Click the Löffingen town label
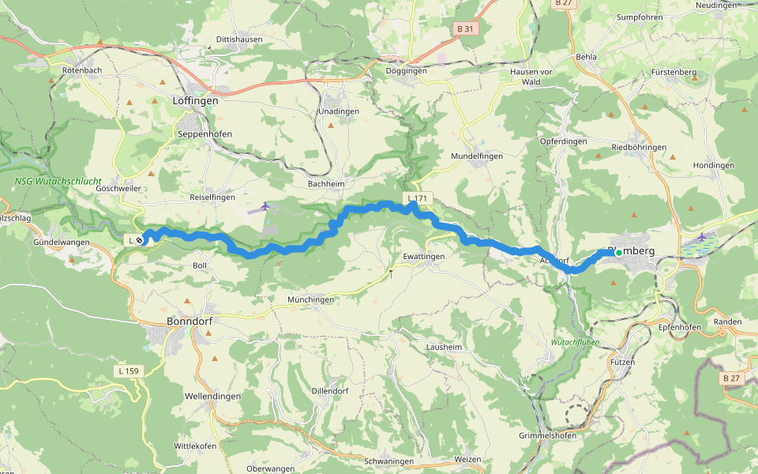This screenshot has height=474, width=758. tap(195, 101)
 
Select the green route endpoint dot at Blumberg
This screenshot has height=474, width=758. tap(618, 252)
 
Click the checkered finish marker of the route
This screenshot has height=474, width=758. tap(140, 240)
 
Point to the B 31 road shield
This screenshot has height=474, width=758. tap(466, 28)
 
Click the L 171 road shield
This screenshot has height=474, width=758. tap(418, 197)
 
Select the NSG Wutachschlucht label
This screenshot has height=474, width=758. tap(58, 181)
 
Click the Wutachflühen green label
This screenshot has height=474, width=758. tap(575, 343)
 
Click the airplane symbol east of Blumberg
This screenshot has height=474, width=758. tap(702, 237)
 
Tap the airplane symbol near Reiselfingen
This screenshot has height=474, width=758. tap(265, 206)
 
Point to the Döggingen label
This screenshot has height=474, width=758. tap(406, 71)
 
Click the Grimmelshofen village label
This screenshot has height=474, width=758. tap(569, 435)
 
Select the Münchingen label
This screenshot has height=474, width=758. tap(311, 299)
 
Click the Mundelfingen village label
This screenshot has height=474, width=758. tap(476, 156)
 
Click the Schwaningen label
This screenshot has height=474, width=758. tap(389, 461)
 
